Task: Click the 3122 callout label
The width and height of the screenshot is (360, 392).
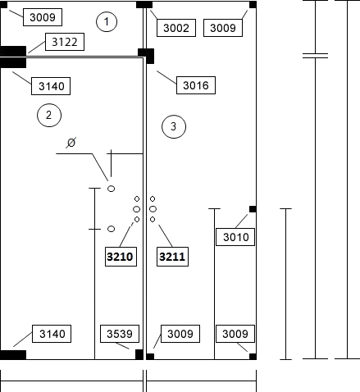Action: coord(65,42)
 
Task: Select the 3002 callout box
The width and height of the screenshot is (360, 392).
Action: coord(176,28)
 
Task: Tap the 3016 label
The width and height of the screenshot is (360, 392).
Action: coord(196,85)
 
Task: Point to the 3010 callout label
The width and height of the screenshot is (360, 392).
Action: coord(235,237)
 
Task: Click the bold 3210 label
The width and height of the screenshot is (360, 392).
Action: coord(121,257)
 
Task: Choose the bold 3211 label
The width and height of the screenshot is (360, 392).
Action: coord(172,257)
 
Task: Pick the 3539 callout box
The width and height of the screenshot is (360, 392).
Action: coord(120,334)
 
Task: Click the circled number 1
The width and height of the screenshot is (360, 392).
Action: coord(107,21)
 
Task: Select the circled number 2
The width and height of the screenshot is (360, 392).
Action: coord(49,115)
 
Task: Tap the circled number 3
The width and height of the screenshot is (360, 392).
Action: coord(174,126)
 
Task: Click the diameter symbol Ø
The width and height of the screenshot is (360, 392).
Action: coord(71,143)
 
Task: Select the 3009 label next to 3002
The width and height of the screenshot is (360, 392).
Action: coord(223,28)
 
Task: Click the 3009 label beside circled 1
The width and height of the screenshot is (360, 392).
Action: coord(43,17)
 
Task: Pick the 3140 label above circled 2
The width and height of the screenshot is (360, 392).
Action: coord(51,86)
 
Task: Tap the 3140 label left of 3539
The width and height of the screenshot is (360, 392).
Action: coord(52,334)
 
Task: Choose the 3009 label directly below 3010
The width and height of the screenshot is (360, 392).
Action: coord(235,334)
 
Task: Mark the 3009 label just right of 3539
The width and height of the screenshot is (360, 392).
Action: coord(180,334)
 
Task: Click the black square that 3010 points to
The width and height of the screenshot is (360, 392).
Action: coord(253,209)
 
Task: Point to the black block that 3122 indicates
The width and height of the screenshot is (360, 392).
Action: coord(13,51)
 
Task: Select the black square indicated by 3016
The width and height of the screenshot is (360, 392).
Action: coord(146,56)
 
